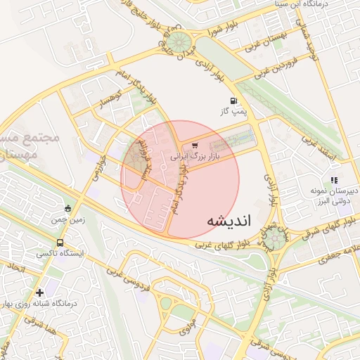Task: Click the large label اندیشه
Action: point(229,220)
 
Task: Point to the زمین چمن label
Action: point(67,219)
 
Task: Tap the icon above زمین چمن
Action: point(67,208)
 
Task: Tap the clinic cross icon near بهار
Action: point(39,292)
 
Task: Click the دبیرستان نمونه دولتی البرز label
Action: point(333,195)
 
